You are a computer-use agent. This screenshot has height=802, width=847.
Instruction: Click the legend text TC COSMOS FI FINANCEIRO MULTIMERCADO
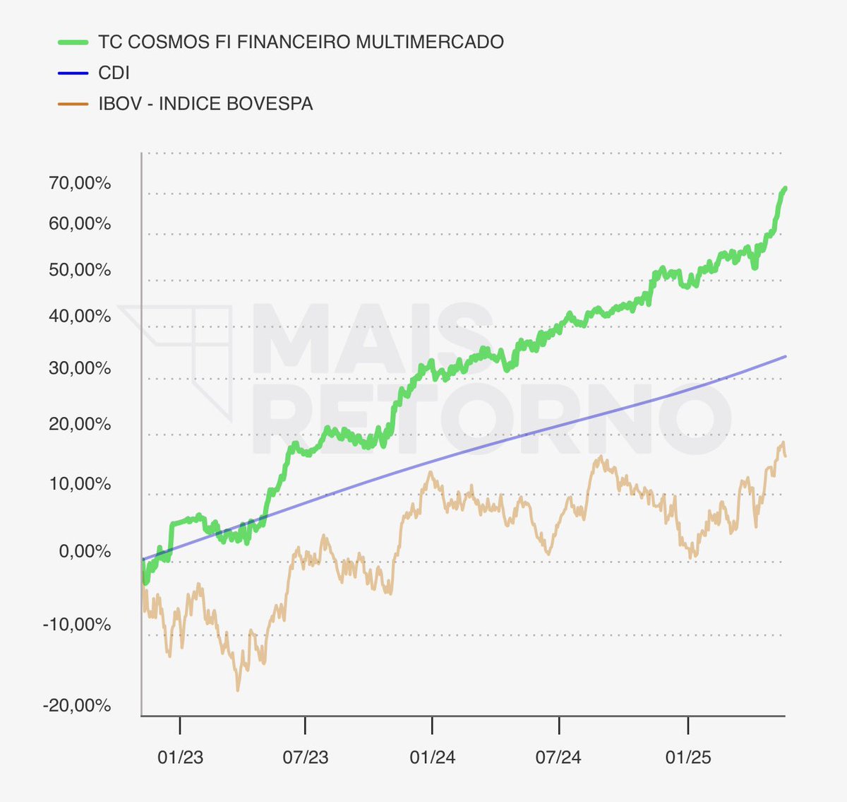click(301, 42)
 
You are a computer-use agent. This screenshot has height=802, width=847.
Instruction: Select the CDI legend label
click(114, 73)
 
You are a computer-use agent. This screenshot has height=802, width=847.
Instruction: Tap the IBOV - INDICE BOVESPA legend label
click(205, 104)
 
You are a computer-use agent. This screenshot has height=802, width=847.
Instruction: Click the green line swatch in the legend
click(73, 42)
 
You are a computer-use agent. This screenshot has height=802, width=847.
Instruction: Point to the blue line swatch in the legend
click(73, 73)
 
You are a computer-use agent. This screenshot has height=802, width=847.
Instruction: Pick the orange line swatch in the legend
click(73, 105)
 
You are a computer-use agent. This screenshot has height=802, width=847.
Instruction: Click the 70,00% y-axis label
click(80, 183)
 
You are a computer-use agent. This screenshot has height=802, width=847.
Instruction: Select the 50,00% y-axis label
click(80, 270)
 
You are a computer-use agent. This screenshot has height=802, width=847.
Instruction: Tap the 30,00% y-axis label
click(80, 368)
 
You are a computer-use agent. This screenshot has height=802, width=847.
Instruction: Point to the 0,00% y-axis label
click(85, 551)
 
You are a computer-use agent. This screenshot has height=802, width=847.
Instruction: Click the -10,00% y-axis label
click(77, 625)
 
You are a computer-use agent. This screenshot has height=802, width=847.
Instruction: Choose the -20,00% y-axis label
click(77, 706)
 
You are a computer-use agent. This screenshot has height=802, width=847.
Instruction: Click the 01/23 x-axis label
click(180, 757)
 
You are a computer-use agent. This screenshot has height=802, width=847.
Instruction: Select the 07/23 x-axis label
click(306, 757)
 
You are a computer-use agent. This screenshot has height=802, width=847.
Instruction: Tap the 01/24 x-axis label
click(432, 757)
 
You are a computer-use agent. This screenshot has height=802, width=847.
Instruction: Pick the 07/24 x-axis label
click(558, 757)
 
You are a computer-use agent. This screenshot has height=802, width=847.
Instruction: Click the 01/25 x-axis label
click(688, 757)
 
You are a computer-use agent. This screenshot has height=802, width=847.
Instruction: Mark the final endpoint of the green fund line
click(785, 189)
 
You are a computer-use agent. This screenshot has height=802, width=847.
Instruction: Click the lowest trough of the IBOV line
click(237, 690)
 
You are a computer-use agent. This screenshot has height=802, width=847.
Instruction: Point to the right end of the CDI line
click(785, 356)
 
